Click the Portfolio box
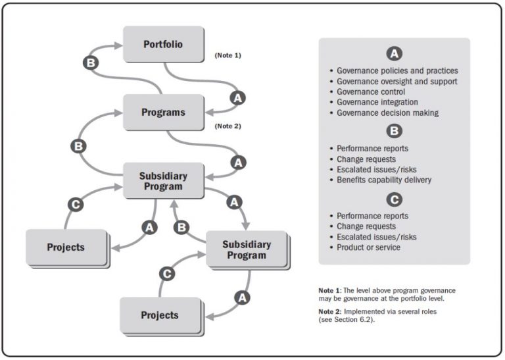coord(163,44)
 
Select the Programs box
coord(163,112)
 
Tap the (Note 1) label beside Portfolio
coord(228,55)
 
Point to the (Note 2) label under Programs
coord(228,124)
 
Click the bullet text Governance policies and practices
coord(397,70)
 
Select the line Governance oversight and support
coord(397,82)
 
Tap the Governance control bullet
coord(370,92)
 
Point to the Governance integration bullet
coord(377,103)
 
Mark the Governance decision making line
coord(387,113)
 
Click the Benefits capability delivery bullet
coord(384,180)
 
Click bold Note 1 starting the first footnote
coord(329,290)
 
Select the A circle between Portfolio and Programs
coord(238,98)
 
